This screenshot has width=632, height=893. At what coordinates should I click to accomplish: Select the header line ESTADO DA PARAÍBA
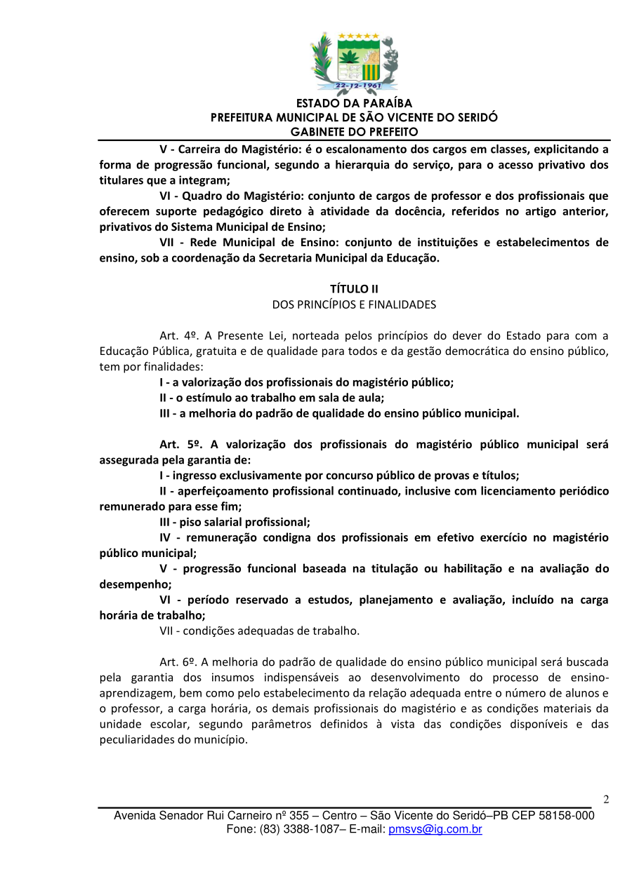354,104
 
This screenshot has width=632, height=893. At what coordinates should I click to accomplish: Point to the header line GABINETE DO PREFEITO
354,132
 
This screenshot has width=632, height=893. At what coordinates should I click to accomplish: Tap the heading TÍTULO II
354,289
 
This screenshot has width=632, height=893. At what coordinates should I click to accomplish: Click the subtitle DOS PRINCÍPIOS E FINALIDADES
354,304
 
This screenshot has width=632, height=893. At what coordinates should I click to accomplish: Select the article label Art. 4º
176,335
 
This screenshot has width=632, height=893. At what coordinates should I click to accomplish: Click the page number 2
606,799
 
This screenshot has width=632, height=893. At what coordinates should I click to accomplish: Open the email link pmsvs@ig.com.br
435,829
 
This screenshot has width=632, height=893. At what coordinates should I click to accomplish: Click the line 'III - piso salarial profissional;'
235,522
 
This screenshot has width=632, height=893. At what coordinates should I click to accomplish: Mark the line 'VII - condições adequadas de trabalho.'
259,631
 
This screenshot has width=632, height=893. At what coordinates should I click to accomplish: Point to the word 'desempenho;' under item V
136,584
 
